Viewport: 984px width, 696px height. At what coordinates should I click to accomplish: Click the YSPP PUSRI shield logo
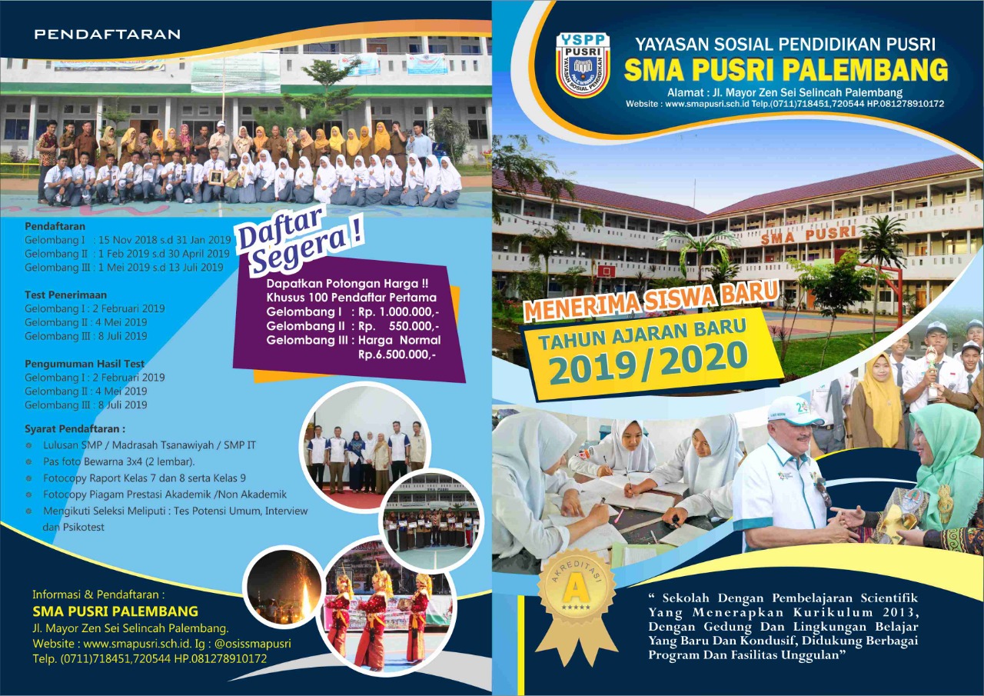pos(583,65)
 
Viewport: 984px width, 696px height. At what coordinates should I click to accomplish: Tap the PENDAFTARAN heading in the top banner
pos(107,35)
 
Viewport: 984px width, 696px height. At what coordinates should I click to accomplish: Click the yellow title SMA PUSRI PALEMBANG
pos(786,70)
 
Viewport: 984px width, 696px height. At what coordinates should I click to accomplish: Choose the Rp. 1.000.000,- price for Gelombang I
pos(399,312)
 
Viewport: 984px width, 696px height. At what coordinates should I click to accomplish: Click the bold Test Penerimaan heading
pos(66,295)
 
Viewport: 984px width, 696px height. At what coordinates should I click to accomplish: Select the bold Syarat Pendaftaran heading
pos(75,429)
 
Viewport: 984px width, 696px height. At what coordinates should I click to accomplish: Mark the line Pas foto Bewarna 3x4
pos(118,461)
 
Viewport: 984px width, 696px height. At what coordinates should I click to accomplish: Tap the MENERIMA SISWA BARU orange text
pos(651,300)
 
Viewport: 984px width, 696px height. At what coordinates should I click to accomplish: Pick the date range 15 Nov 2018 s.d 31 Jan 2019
pos(165,240)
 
